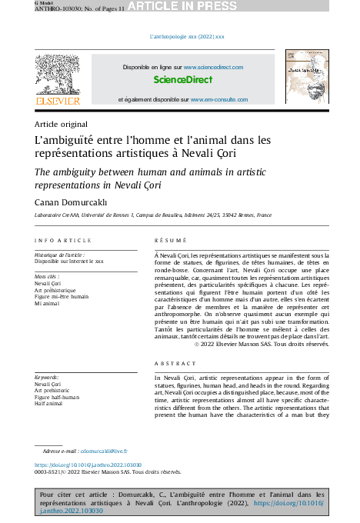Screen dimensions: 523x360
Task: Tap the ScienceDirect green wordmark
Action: point(182,80)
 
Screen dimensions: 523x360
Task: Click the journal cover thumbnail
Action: point(307,78)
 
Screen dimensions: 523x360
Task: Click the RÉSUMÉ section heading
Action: point(170,242)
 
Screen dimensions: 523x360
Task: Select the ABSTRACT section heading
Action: point(175,363)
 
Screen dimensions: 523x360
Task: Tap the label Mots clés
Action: point(47,275)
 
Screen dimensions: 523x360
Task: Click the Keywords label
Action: point(48,378)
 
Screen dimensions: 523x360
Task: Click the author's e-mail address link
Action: point(104,451)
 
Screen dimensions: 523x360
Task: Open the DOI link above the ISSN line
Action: point(88,465)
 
